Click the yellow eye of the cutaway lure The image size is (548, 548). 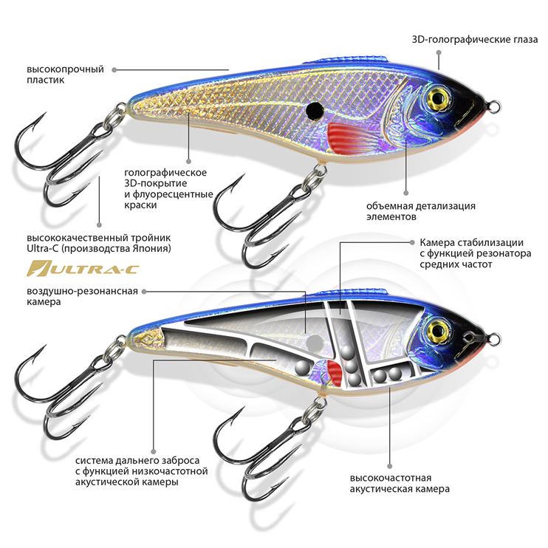(x=438, y=330)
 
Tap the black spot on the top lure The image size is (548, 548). (x=315, y=110)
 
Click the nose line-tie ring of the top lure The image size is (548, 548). (x=495, y=106)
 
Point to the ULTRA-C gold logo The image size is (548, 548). (x=83, y=268)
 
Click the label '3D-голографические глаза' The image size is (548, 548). (x=475, y=39)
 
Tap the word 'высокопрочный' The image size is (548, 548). (x=65, y=69)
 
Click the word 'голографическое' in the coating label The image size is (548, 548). (x=165, y=173)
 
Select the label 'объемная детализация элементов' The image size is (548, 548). (x=421, y=211)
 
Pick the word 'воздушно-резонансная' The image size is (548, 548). (x=82, y=291)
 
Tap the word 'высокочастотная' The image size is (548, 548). (x=391, y=478)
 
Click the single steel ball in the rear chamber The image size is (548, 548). (x=302, y=367)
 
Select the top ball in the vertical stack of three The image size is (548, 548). (x=348, y=353)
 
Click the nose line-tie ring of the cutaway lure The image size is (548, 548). (x=495, y=339)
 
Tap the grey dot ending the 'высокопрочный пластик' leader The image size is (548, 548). (x=114, y=69)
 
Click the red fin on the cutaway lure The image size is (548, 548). (x=335, y=372)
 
